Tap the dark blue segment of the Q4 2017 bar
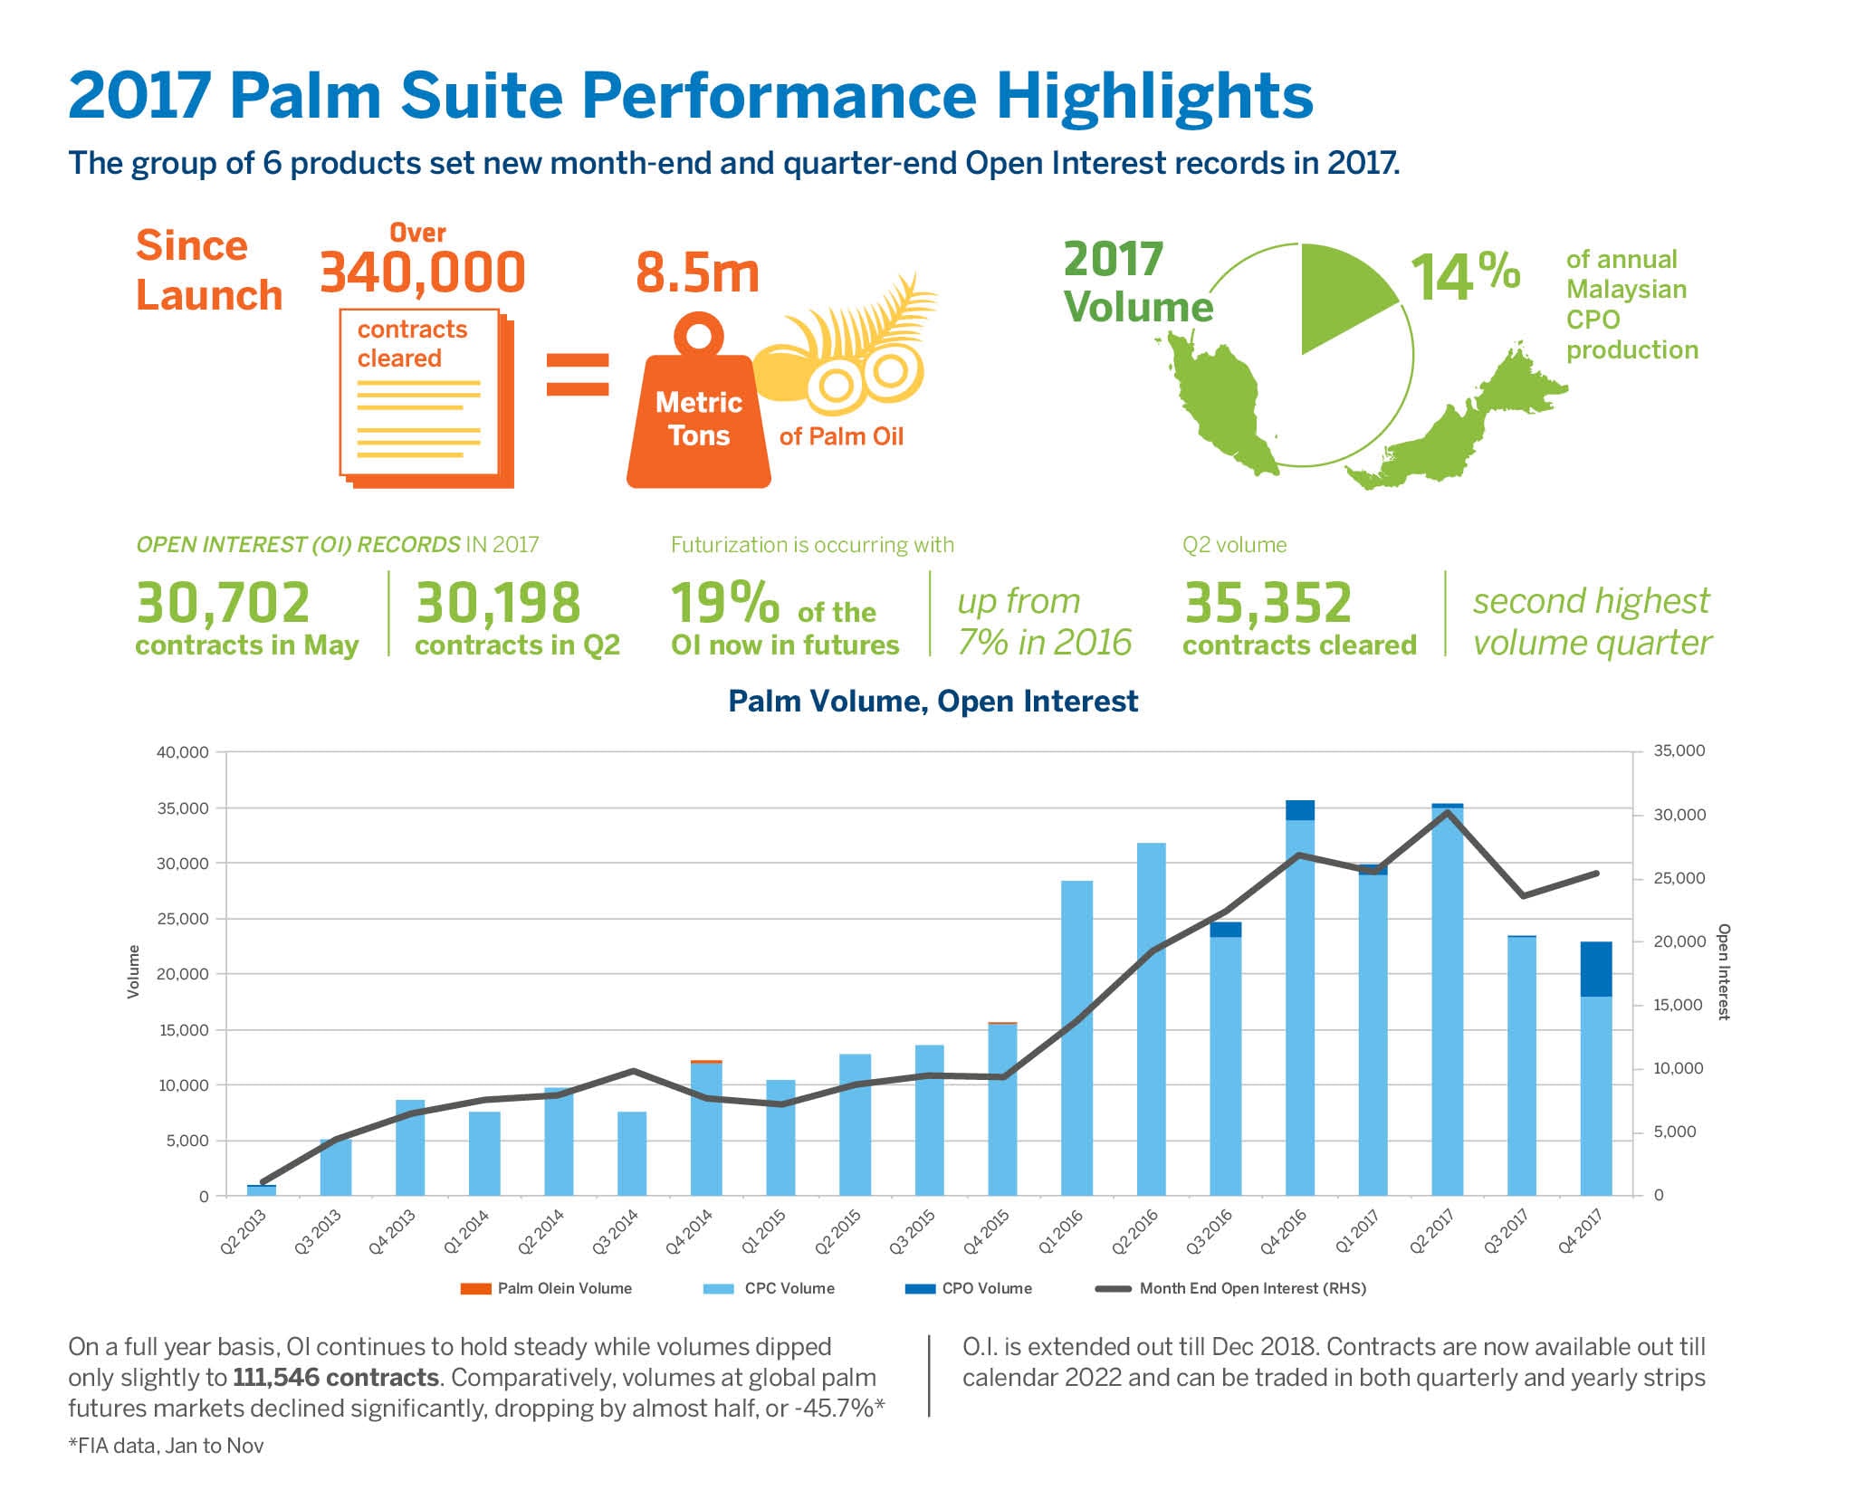point(1595,969)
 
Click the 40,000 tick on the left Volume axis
point(183,752)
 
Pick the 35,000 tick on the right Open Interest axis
point(1679,750)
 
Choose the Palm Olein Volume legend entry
point(547,1288)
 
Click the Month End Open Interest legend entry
point(1231,1288)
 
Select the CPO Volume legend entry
point(969,1288)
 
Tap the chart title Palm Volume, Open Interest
point(933,702)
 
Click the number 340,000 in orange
point(422,273)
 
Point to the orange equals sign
point(578,375)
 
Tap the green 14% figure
point(1465,276)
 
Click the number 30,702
point(223,604)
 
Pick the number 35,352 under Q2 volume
point(1268,604)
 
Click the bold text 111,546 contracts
point(336,1378)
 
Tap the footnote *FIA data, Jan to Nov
point(166,1446)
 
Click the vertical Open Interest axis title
point(1723,971)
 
